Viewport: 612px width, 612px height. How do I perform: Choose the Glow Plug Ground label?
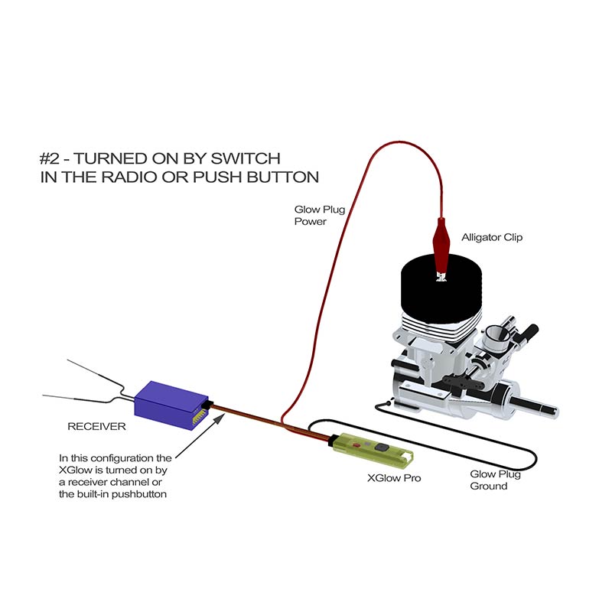click(495, 480)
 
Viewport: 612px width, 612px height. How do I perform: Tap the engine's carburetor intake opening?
click(495, 334)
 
